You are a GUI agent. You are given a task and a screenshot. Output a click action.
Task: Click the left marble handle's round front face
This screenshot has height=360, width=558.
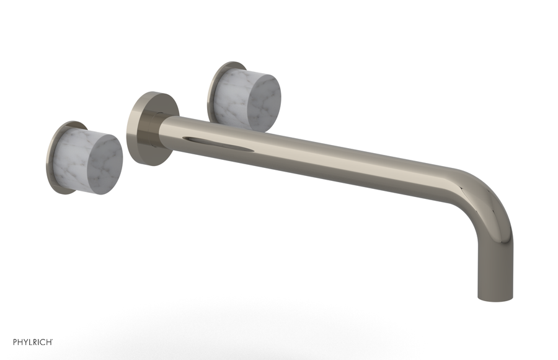pyautogui.click(x=106, y=157)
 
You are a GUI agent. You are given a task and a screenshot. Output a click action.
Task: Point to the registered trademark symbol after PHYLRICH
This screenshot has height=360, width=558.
pyautogui.click(x=51, y=339)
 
